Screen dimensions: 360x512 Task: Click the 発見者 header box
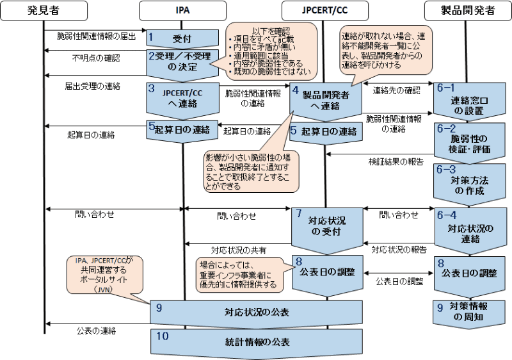pyautogui.click(x=44, y=10)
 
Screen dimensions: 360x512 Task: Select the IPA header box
pyautogui.click(x=184, y=10)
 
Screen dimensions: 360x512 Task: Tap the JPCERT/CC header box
pyautogui.click(x=326, y=10)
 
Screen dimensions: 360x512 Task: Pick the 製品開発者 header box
pyautogui.click(x=468, y=10)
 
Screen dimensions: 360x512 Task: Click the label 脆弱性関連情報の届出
pyautogui.click(x=97, y=37)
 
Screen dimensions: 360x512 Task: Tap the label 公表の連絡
pyautogui.click(x=97, y=331)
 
